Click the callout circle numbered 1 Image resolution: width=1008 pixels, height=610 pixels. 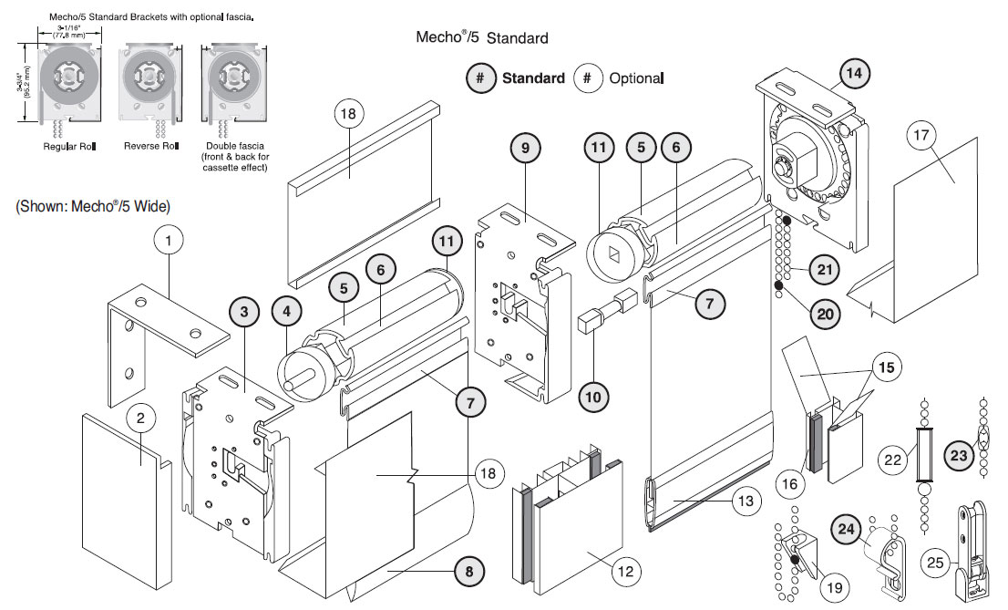[x=169, y=241]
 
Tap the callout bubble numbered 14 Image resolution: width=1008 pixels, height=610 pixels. [x=854, y=73]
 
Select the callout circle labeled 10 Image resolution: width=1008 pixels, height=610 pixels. [x=592, y=397]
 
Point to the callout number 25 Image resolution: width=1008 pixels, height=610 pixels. [x=935, y=563]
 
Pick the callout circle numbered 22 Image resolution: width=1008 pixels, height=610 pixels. [x=893, y=460]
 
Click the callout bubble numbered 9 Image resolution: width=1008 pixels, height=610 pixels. [x=525, y=148]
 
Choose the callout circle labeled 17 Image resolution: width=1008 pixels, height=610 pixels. [x=921, y=135]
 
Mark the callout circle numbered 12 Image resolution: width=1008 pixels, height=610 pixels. [x=625, y=571]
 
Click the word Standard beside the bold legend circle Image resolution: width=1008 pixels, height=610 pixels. [x=533, y=78]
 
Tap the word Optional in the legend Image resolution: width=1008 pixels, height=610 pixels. [x=636, y=78]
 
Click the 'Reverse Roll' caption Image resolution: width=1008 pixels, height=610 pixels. [x=151, y=146]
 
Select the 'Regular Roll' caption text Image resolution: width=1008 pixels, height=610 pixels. [x=69, y=147]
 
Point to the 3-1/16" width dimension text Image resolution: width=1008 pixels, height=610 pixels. [x=68, y=32]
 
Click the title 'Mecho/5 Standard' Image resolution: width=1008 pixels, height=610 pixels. [x=481, y=37]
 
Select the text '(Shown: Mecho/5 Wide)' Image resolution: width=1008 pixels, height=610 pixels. [x=93, y=207]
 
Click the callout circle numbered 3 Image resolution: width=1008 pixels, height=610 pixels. [x=244, y=312]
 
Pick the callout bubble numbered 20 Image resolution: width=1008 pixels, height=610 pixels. [x=825, y=314]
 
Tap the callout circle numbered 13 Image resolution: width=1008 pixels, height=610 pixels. [x=746, y=501]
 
